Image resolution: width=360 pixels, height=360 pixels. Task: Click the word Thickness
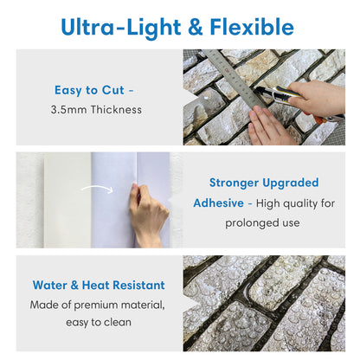(x=114, y=110)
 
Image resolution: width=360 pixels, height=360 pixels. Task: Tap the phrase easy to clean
(x=98, y=324)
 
